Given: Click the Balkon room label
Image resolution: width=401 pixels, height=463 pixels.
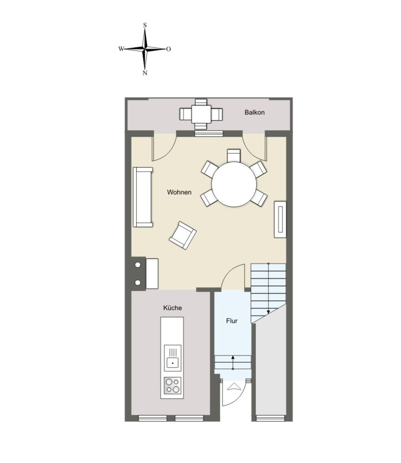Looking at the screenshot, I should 254,113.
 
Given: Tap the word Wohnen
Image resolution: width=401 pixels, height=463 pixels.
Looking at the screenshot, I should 179,192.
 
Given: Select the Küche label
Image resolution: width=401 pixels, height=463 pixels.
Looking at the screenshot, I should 172,308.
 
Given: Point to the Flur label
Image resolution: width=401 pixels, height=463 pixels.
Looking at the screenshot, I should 231,321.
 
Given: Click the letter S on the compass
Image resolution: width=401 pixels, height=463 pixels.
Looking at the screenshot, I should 145,25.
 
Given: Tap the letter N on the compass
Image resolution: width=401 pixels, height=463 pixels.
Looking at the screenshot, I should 145,73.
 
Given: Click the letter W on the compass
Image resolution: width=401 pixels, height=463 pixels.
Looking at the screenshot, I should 121,49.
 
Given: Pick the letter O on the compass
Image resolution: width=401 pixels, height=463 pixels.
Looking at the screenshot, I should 169,49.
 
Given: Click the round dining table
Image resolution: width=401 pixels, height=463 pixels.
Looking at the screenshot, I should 234,185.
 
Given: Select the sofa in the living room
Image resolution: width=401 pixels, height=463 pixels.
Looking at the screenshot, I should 143,197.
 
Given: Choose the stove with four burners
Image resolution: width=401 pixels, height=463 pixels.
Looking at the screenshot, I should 173,386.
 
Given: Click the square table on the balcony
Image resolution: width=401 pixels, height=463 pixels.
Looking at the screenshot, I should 201,114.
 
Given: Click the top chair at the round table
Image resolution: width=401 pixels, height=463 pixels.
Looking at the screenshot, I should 233,155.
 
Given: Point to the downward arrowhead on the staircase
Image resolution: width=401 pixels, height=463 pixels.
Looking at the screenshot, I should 268,312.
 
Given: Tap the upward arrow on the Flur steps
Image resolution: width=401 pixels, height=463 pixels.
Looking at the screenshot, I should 233,358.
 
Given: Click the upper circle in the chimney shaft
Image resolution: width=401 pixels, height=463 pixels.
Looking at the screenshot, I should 138,265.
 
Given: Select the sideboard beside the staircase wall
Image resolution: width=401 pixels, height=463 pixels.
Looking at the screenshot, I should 280,220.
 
